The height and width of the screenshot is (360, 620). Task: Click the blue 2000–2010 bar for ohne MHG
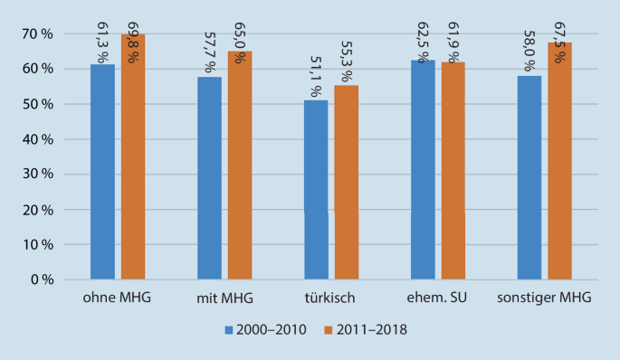pyautogui.click(x=102, y=172)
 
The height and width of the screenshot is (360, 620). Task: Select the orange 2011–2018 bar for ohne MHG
pyautogui.click(x=133, y=158)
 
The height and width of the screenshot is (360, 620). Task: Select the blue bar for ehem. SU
pyautogui.click(x=423, y=170)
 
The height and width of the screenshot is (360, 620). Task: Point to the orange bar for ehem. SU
pyautogui.click(x=453, y=171)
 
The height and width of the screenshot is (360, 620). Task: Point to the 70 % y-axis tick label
pyautogui.click(x=40, y=34)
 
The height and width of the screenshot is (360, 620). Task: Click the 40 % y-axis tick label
pyautogui.click(x=40, y=139)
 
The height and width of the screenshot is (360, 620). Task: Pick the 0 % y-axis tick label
pyautogui.click(x=43, y=279)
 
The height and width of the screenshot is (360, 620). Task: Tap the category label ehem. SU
pyautogui.click(x=438, y=298)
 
